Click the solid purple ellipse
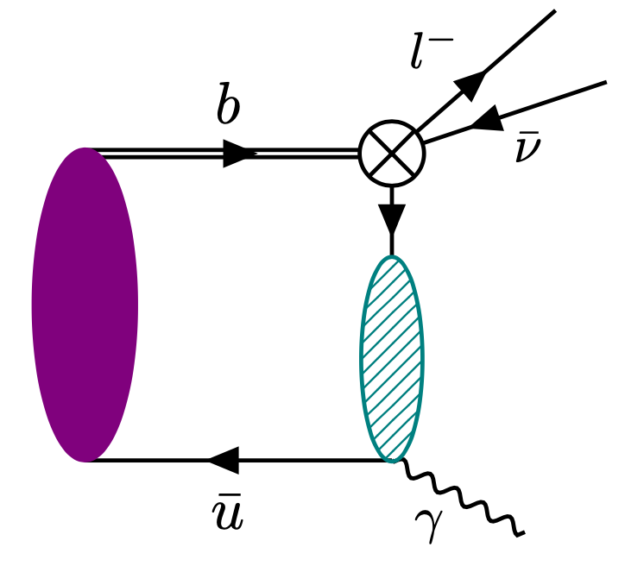[85, 304]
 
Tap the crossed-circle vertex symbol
[392, 153]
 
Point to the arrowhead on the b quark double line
[240, 154]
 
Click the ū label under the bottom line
[227, 515]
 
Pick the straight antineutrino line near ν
[552, 99]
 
